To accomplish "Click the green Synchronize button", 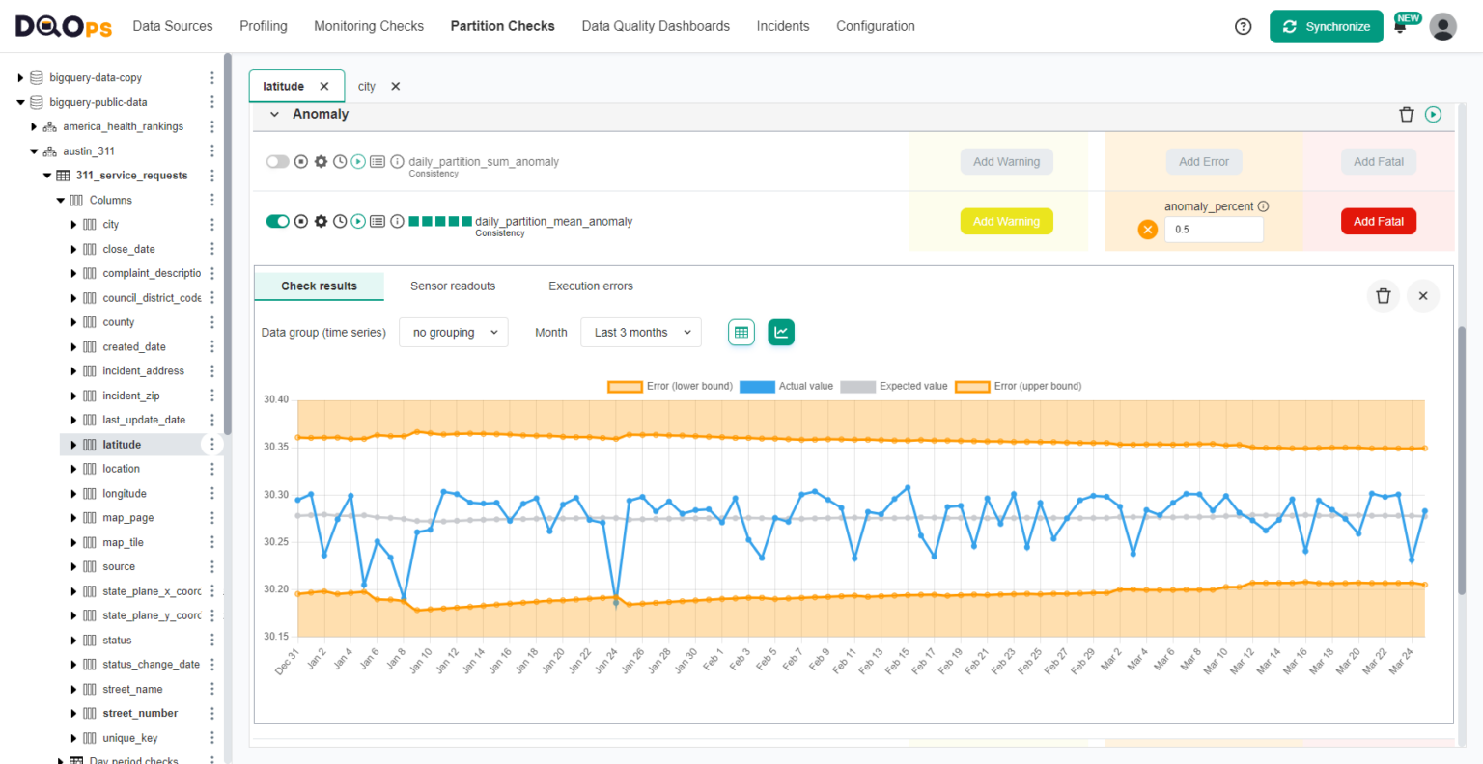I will pos(1326,26).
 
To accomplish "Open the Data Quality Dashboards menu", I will pos(656,26).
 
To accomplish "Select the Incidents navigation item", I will pos(783,26).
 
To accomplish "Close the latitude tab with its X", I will pos(324,86).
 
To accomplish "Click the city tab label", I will pos(367,86).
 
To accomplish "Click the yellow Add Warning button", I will pos(1006,222).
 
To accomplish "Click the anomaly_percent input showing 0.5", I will pos(1213,230).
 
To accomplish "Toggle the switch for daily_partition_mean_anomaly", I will pos(278,222).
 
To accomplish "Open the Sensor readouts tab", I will pos(453,286).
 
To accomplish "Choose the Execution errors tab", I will pos(591,286).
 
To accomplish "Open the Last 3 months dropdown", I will pos(641,333).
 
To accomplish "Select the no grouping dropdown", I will pos(454,333).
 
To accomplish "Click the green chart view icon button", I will pos(781,333).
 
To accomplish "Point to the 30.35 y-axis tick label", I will pos(276,447).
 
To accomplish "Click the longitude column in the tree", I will pos(125,494).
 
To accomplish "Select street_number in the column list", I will pos(140,714).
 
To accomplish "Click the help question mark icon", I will pos(1244,26).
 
